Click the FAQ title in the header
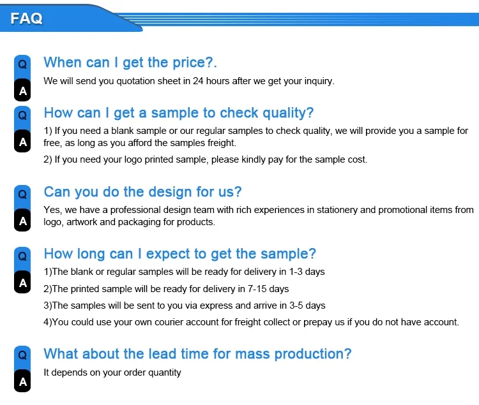click(27, 18)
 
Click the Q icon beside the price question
click(22, 64)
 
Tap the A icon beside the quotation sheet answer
click(22, 91)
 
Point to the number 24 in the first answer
click(198, 81)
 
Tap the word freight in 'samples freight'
click(221, 143)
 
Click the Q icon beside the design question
click(22, 195)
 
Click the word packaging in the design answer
click(139, 223)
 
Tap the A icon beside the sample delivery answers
click(22, 283)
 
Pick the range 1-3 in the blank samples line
click(296, 272)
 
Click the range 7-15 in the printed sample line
click(257, 289)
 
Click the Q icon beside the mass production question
click(22, 355)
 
